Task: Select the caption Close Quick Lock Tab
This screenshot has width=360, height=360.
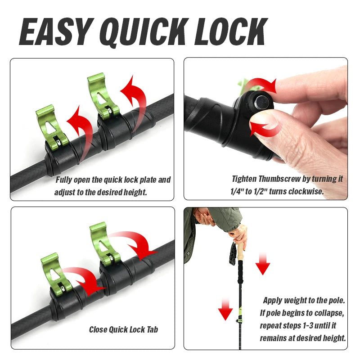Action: (123, 329)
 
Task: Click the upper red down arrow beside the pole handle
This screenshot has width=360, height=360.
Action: (263, 265)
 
